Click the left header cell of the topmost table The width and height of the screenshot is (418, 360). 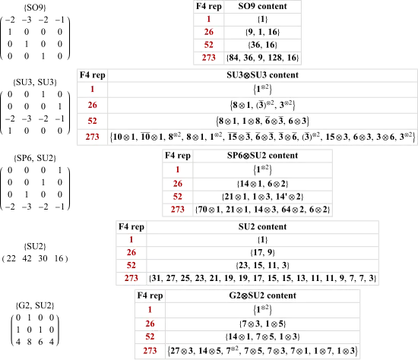point(208,6)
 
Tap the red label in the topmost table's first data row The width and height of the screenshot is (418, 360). point(209,18)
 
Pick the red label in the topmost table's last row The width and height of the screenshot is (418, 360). point(209,57)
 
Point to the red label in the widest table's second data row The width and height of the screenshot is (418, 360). point(92,105)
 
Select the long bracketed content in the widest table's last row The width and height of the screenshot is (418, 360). point(263,137)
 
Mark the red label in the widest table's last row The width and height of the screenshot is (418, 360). point(92,137)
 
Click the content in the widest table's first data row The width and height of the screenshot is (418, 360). point(263,89)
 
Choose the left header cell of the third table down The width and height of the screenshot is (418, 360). point(177,156)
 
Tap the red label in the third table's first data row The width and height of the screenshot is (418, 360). point(177,169)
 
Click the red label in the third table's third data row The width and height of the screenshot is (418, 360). point(177,196)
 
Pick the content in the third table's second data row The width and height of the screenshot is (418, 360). point(263,183)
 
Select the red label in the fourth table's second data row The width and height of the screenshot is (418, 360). point(132,252)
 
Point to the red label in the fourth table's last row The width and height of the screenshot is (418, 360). point(132,279)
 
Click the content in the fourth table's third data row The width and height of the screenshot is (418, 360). point(263,266)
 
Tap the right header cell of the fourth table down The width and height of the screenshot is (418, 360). point(263,226)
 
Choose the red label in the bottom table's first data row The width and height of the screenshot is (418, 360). point(150,310)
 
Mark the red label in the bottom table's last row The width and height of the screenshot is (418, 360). point(150,351)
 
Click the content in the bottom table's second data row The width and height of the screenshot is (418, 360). point(263,324)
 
